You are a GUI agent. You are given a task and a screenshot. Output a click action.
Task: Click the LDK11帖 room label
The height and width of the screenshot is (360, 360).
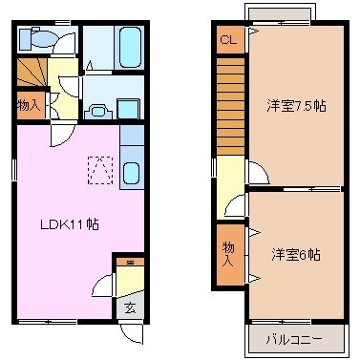70,225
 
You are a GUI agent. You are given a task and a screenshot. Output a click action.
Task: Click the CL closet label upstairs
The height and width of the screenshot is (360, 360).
227,40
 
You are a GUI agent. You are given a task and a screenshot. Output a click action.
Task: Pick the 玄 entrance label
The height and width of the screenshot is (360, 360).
129,307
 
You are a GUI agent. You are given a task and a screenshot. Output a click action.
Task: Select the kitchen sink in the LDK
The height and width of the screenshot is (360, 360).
132,174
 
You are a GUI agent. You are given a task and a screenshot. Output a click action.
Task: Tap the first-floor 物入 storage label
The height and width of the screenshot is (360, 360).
29,103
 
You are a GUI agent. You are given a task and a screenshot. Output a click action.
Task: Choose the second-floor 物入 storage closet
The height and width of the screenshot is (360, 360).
229,252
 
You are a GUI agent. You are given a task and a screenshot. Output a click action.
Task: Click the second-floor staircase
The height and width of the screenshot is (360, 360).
230,105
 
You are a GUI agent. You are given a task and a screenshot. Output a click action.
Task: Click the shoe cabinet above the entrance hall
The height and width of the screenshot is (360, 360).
128,261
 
